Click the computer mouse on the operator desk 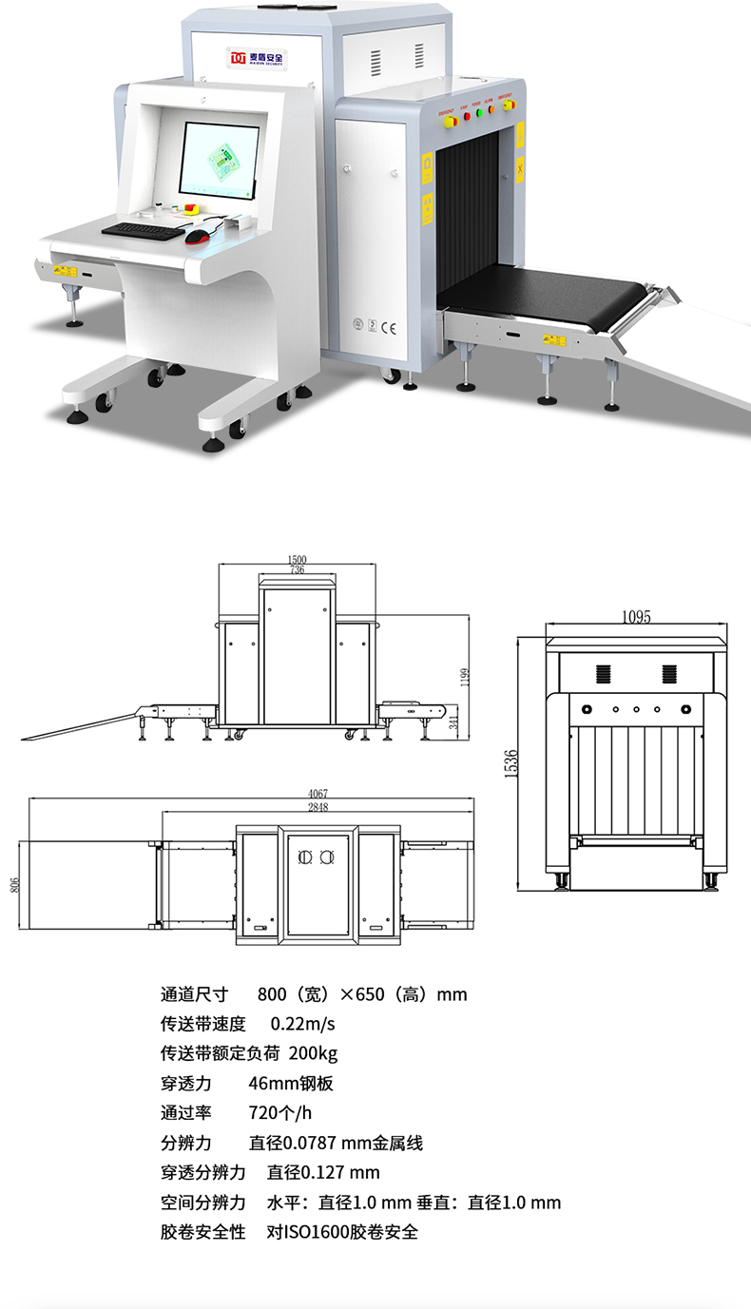pos(198,236)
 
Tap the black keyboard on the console pos(144,229)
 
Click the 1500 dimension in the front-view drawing pos(296,559)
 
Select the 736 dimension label pos(297,570)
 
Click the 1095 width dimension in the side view pos(636,617)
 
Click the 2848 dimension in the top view pos(318,808)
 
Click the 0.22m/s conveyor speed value pos(303,1024)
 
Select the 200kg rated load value pos(313,1053)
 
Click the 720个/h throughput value pos(279,1113)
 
